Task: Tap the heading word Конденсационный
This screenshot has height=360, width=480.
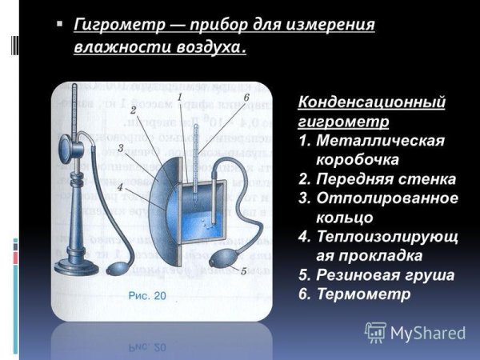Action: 371,103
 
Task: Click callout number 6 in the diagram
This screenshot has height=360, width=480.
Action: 247,98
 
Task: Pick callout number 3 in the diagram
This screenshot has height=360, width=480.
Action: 119,149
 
